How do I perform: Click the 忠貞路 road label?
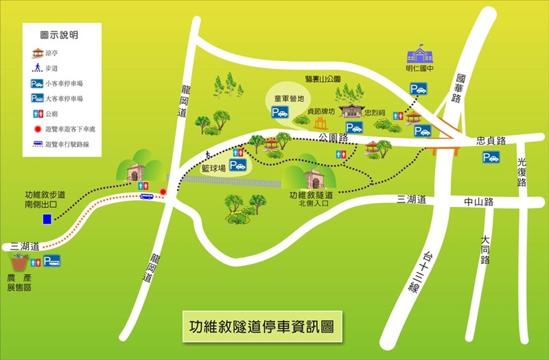click(x=491, y=141)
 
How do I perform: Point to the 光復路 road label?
click(x=521, y=173)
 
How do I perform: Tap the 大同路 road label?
click(x=485, y=250)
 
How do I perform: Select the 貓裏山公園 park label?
click(x=323, y=80)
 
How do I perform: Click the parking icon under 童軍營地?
click(x=279, y=113)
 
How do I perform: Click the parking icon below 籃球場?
click(x=237, y=165)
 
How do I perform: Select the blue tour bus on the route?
click(x=147, y=197)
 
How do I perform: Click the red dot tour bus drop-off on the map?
click(x=163, y=191)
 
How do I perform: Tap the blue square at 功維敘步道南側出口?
click(x=47, y=219)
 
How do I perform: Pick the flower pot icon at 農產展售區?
click(x=19, y=262)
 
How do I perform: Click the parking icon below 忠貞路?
click(x=491, y=157)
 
